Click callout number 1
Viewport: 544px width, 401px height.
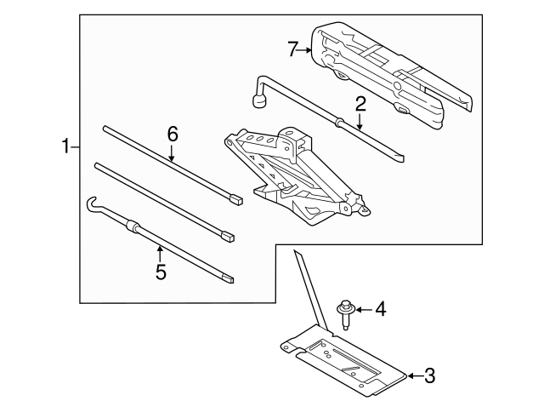65,148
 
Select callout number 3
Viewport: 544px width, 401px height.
429,375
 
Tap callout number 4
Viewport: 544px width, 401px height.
381,310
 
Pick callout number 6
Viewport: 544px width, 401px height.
173,133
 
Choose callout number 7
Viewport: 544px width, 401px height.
293,50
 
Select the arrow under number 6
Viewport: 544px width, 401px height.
172,153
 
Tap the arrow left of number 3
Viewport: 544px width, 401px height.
413,375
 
